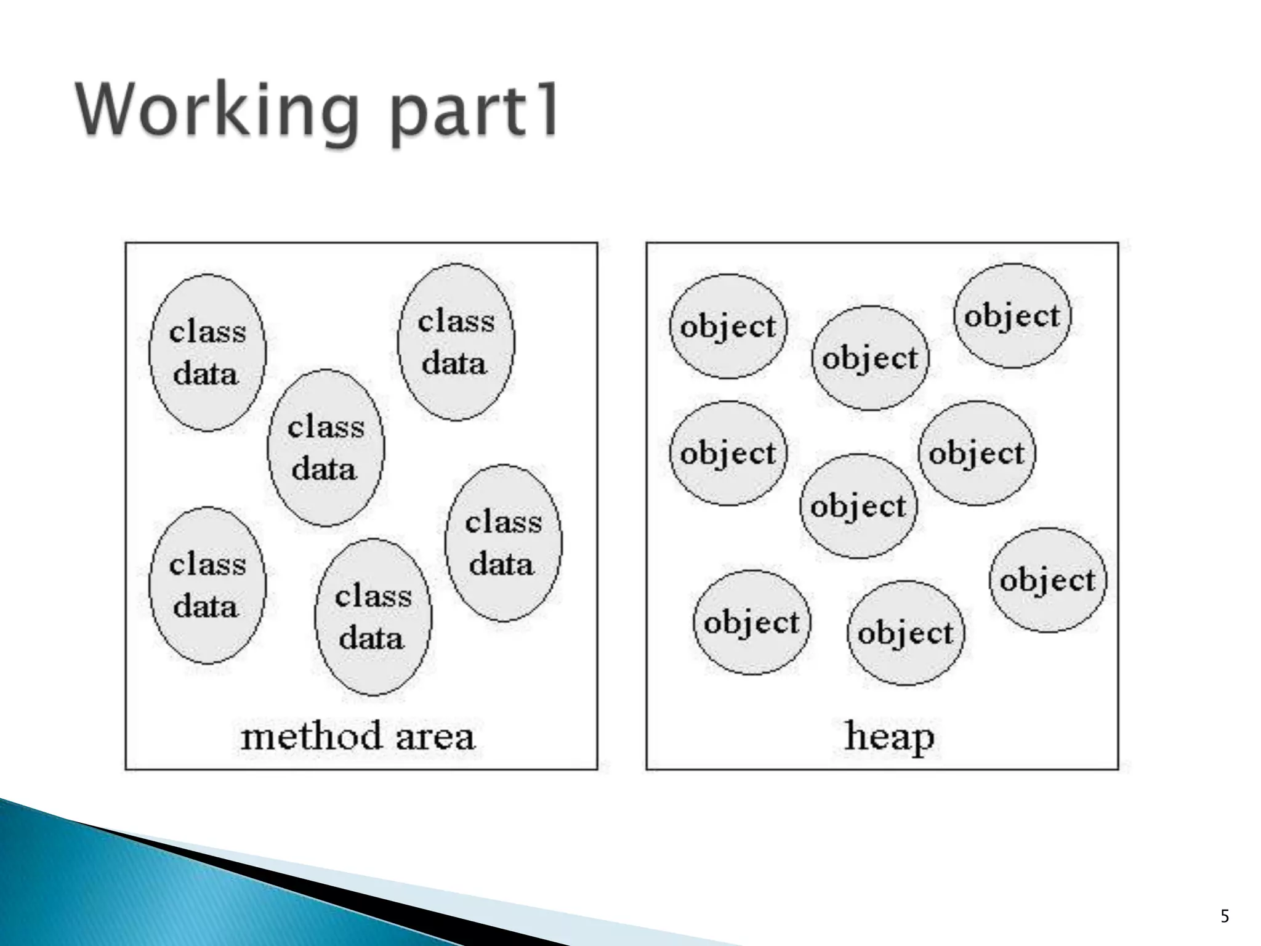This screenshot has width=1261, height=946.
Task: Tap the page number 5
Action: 1225,916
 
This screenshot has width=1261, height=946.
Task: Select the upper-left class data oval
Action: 207,353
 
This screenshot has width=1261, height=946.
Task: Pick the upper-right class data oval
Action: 456,342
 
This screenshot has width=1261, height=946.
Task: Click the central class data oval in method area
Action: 326,448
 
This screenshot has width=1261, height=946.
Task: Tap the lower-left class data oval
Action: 207,585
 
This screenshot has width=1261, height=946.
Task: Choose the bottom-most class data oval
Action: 373,617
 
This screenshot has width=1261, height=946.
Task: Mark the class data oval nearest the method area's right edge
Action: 504,543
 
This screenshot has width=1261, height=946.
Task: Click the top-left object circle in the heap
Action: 728,326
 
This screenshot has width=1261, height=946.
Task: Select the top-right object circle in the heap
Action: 1012,316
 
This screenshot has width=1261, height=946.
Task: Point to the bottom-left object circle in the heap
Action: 752,622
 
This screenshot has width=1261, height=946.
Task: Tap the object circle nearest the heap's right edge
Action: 1048,580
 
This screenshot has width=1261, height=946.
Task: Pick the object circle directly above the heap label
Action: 905,633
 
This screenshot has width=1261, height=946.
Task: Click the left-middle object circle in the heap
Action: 728,453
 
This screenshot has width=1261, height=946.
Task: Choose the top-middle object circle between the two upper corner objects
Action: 870,358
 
